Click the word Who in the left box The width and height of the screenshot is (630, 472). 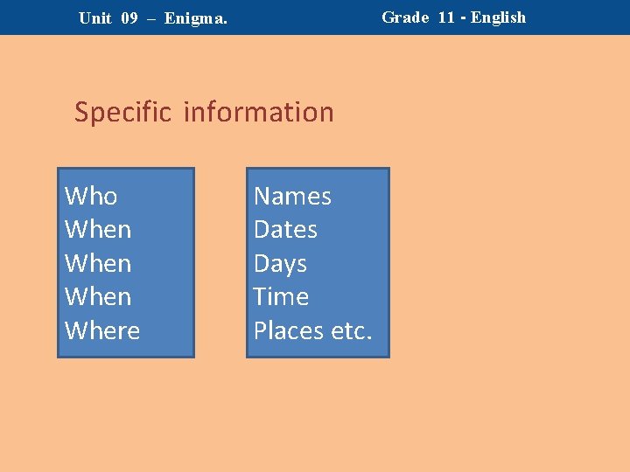pyautogui.click(x=91, y=196)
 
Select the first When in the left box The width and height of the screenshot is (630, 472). pyautogui.click(x=98, y=230)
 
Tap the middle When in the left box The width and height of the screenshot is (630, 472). pyautogui.click(x=98, y=263)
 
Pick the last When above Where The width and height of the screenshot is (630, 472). pyautogui.click(x=98, y=297)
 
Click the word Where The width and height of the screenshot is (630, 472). pyautogui.click(x=102, y=330)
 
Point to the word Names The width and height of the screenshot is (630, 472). pyautogui.click(x=292, y=196)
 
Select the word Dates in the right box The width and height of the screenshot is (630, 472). pyautogui.click(x=285, y=230)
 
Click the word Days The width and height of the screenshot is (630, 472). pyautogui.click(x=280, y=263)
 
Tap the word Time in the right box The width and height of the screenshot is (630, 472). pyautogui.click(x=281, y=297)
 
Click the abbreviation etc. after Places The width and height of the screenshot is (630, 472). pyautogui.click(x=352, y=330)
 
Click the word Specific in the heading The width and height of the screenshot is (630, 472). pyautogui.click(x=123, y=112)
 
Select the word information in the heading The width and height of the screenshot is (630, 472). pyautogui.click(x=259, y=112)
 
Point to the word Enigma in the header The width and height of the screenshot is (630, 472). pyautogui.click(x=196, y=17)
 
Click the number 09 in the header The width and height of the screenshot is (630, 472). pyautogui.click(x=129, y=17)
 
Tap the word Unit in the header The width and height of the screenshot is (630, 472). pyautogui.click(x=94, y=17)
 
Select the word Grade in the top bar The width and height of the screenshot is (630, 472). pyautogui.click(x=405, y=17)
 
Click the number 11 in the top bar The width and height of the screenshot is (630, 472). pyautogui.click(x=446, y=17)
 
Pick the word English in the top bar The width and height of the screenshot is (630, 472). pyautogui.click(x=499, y=17)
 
